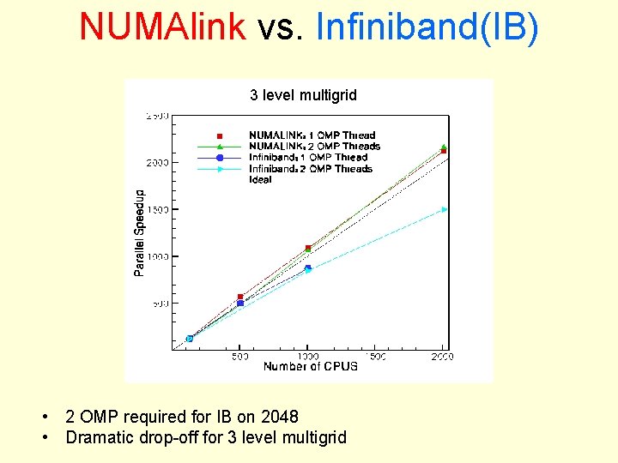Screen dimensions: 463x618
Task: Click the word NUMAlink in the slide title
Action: click(163, 27)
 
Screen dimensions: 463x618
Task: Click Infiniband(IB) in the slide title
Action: click(427, 27)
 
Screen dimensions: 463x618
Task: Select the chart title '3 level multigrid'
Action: click(303, 95)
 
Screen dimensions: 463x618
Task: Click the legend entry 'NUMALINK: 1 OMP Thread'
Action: click(312, 135)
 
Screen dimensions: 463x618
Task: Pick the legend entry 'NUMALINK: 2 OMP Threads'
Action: click(314, 147)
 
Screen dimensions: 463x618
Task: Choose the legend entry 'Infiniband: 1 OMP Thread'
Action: click(308, 158)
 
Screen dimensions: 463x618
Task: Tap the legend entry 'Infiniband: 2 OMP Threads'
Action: click(311, 169)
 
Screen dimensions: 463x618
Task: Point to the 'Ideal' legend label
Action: click(260, 180)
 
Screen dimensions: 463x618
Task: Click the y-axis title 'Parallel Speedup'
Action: click(140, 232)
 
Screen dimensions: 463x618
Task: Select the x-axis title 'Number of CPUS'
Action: click(310, 367)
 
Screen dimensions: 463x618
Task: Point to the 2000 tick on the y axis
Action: click(156, 162)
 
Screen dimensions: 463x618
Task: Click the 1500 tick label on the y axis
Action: click(156, 209)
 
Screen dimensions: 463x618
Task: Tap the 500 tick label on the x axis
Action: click(240, 356)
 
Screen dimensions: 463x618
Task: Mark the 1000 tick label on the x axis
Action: click(307, 356)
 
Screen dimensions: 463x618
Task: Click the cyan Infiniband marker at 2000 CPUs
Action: click(444, 209)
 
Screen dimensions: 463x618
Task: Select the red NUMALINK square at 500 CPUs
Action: click(240, 297)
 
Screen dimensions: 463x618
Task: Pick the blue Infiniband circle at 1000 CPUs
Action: click(307, 268)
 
